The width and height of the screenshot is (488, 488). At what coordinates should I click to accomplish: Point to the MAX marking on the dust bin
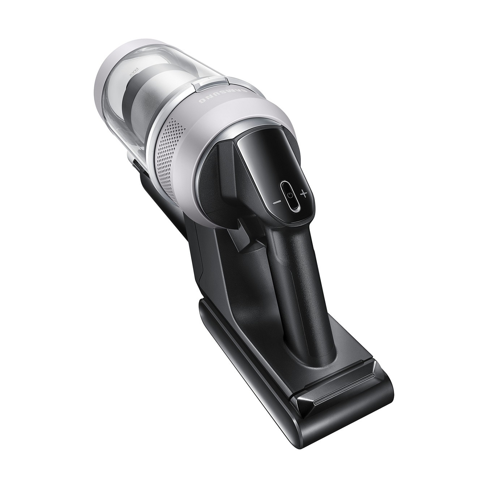pyautogui.click(x=132, y=72)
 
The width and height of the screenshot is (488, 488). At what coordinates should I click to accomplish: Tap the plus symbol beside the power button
pyautogui.click(x=304, y=194)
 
